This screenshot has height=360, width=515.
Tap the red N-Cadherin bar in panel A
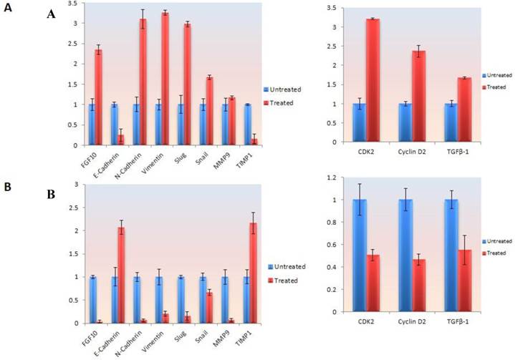144,82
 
